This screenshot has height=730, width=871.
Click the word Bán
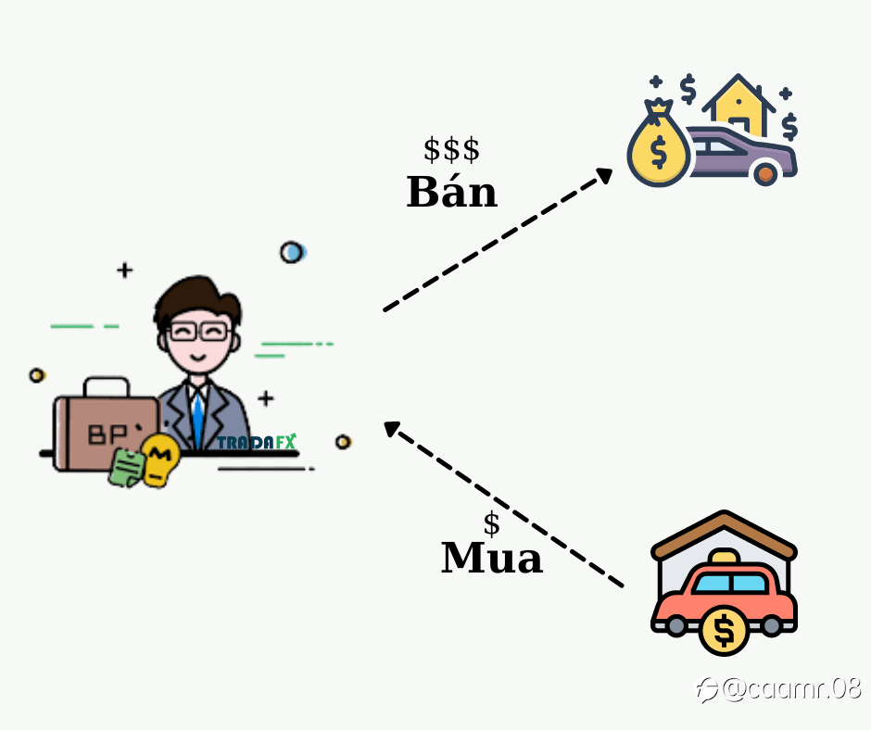(x=451, y=192)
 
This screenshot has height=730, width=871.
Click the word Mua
(x=492, y=557)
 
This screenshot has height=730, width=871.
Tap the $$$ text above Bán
(x=451, y=149)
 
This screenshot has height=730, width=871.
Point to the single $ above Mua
(x=492, y=524)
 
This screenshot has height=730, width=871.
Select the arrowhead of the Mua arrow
(x=392, y=429)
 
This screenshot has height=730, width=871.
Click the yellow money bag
(x=659, y=144)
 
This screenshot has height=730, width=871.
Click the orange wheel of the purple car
(x=765, y=174)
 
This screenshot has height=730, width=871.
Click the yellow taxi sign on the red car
(x=725, y=556)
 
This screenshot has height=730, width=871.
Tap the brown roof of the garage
(x=724, y=535)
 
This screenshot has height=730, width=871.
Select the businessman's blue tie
(x=197, y=420)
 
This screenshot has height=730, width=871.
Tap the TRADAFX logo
(x=257, y=442)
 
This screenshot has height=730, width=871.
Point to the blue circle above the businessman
(x=293, y=252)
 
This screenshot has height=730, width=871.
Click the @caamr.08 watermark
(x=778, y=689)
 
